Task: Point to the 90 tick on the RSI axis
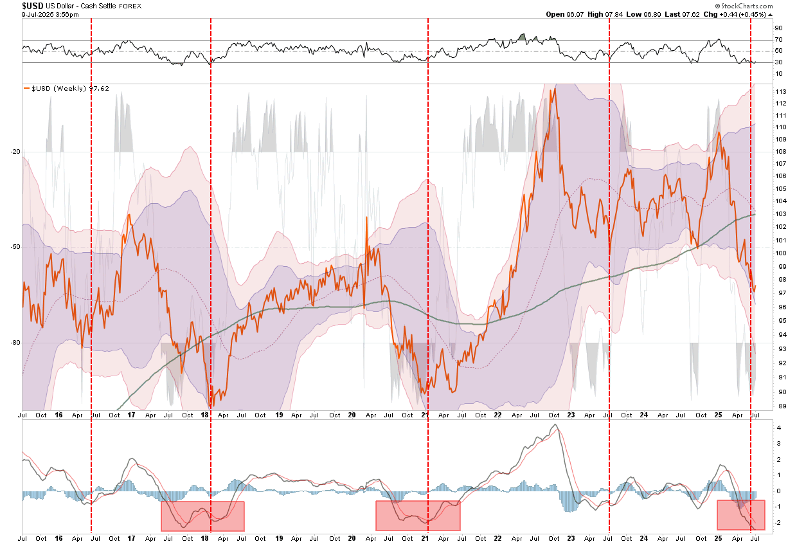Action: pos(778,28)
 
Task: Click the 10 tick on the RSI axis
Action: pos(778,74)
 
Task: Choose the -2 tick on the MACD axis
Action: pos(778,523)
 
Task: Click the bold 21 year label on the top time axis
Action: pos(424,415)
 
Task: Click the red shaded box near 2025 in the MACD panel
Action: pos(740,514)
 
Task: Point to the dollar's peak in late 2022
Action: pos(554,88)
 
